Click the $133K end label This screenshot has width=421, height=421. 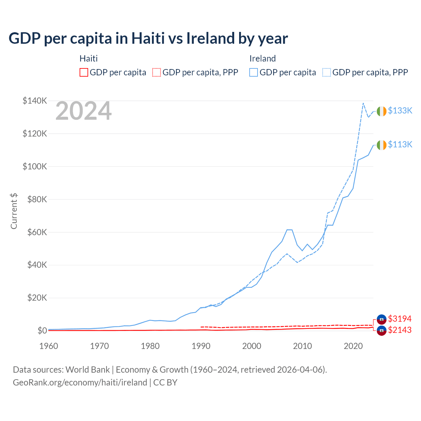pos(400,111)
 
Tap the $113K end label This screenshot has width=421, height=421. pos(400,144)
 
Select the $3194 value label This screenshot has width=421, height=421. pos(400,319)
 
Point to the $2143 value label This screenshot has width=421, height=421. pos(400,330)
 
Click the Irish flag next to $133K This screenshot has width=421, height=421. pos(382,111)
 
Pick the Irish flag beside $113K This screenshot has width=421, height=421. pos(382,145)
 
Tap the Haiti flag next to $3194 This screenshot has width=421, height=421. pos(382,319)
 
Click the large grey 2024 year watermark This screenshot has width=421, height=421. pos(84,111)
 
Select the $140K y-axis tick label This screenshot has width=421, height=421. pos(35,101)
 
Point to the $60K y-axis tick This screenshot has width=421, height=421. pos(37,232)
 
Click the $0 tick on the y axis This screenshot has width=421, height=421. pos(42,331)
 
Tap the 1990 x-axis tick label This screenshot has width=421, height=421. pos(201,346)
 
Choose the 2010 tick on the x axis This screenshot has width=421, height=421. pos(302,346)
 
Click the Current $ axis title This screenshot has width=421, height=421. pos(14,211)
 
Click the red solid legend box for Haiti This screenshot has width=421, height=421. pos(84,72)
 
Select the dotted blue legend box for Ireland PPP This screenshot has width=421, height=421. pos(327,72)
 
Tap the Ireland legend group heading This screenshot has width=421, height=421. pos(262,59)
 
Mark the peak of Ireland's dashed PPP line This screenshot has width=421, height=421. pos(363,103)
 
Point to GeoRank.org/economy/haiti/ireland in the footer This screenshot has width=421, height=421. pos(80,383)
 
